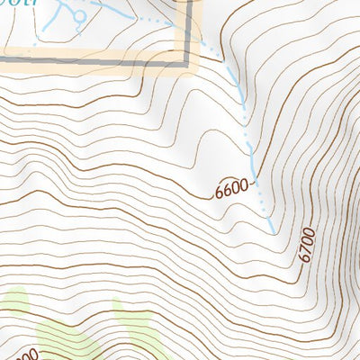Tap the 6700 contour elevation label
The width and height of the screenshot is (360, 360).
(x=307, y=245)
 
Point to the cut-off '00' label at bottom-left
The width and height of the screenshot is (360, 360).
(x=25, y=355)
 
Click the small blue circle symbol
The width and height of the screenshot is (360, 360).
(x=79, y=16)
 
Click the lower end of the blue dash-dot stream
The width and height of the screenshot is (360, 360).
(x=274, y=232)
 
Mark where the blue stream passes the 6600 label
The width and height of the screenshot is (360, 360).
(x=255, y=183)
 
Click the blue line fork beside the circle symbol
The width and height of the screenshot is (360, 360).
(x=68, y=11)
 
